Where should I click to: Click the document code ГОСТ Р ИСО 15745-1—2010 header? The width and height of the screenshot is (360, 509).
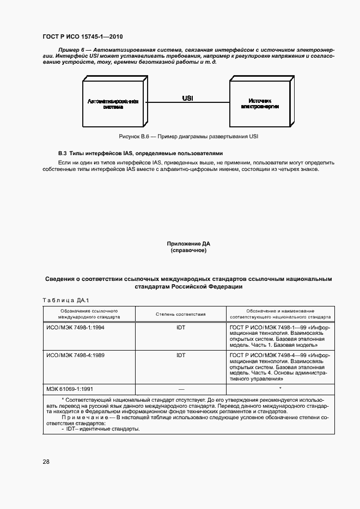(x=82, y=37)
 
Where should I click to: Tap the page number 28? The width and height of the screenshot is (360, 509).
(x=46, y=462)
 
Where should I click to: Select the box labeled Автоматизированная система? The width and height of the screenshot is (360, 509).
(x=113, y=104)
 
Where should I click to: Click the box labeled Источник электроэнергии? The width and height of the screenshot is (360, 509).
(x=259, y=104)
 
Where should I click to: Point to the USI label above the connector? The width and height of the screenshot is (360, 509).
(x=187, y=98)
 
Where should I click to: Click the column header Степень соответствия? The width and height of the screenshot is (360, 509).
(x=180, y=314)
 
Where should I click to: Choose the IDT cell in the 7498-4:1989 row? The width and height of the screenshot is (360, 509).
(x=181, y=355)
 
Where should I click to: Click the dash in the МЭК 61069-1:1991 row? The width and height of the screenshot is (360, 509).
(x=181, y=389)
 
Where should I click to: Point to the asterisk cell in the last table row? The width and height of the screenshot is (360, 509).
(x=279, y=388)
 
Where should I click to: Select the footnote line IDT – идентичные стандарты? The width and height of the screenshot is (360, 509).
(x=101, y=429)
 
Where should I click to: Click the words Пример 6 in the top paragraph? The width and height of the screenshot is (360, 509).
(x=69, y=50)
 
